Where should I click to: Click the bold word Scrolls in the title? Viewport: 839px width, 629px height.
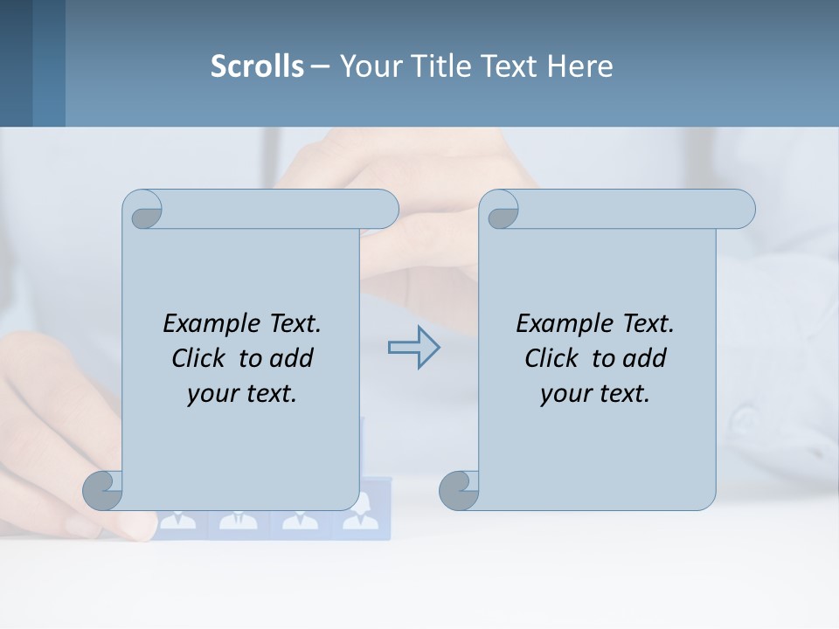257,66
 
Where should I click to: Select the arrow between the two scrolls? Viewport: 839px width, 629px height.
413,348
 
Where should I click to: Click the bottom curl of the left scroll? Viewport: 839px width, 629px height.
102,489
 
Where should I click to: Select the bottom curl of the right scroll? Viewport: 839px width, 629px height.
459,489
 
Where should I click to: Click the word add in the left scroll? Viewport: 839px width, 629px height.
292,358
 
